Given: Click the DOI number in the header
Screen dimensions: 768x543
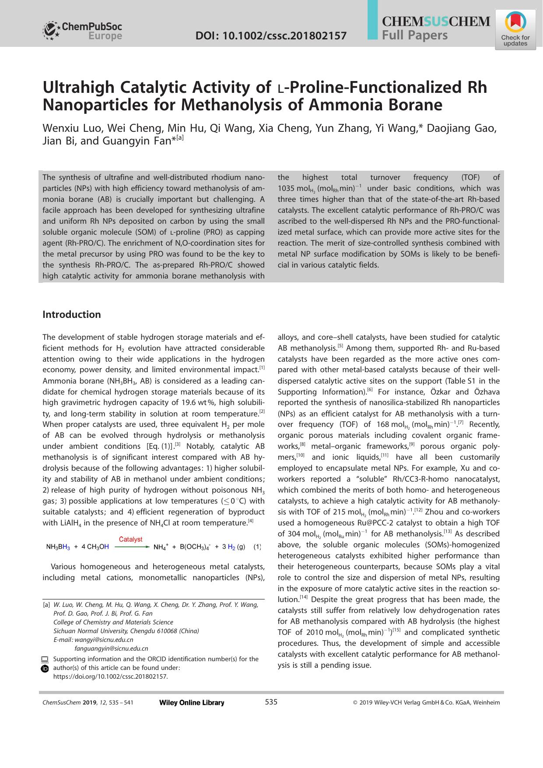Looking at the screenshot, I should point(271,35).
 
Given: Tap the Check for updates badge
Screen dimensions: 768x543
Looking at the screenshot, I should point(515,30).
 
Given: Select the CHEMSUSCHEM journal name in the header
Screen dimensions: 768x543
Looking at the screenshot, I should point(436,21).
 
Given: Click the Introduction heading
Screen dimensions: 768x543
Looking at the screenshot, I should point(71,314).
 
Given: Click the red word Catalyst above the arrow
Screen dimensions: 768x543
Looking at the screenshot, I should point(130,539).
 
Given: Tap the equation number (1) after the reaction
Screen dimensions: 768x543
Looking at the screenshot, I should point(257,547).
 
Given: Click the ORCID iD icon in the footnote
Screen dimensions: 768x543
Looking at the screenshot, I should point(45,669).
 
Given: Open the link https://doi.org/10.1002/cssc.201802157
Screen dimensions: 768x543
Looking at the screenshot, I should point(110,676).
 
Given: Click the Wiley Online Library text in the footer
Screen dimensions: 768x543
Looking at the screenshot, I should point(192,703).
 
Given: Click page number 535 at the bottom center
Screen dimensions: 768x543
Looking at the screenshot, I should point(271,702).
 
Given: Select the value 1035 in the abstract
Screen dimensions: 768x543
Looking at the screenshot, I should point(287,188).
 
